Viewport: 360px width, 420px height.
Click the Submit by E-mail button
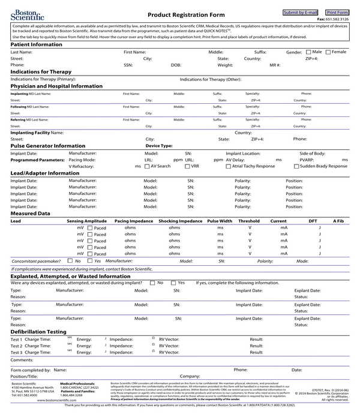(301, 13)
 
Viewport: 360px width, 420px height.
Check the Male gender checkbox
(308, 52)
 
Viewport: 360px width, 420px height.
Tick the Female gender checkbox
(328, 52)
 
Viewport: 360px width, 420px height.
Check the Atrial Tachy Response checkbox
(228, 166)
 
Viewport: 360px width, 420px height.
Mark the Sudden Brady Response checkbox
(296, 166)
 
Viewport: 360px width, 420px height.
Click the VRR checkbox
(187, 166)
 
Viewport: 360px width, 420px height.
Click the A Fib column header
(338, 221)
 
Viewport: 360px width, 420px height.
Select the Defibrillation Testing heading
(38, 331)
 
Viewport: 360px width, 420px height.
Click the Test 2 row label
(16, 346)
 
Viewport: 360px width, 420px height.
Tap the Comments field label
(22, 360)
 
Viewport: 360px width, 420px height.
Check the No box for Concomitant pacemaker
(70, 261)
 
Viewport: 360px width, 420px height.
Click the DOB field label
(176, 65)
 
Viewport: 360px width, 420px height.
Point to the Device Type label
(159, 146)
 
